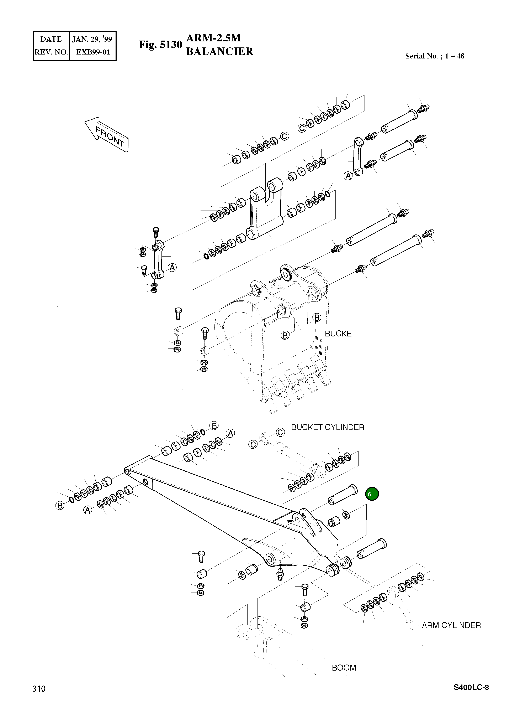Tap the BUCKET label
click(340, 334)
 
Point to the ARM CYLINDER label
click(451, 625)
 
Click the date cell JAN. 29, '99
click(92, 39)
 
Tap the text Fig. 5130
click(160, 45)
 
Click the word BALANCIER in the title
click(219, 51)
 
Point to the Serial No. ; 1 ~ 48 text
click(434, 56)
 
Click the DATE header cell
click(51, 39)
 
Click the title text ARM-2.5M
click(213, 38)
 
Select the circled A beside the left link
click(172, 268)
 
